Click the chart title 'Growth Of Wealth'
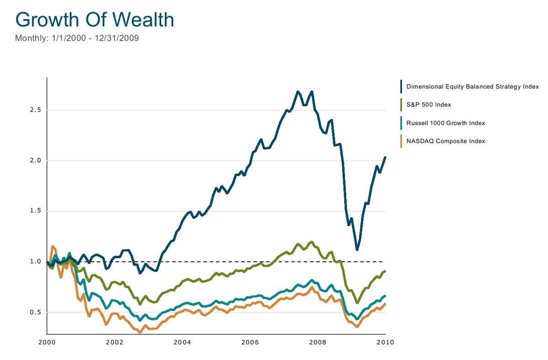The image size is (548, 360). (x=95, y=20)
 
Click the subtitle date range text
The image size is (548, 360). (x=77, y=38)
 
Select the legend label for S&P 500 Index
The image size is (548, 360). (x=428, y=105)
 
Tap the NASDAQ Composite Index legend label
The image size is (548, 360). (x=446, y=141)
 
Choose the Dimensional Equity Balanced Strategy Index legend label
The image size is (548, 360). (x=473, y=86)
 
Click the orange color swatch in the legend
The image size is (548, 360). (x=401, y=141)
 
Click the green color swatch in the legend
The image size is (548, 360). (x=401, y=105)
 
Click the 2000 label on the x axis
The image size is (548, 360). (x=47, y=342)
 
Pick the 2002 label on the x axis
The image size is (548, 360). (x=115, y=342)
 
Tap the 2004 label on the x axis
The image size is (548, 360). (x=182, y=342)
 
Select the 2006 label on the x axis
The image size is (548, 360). (x=250, y=342)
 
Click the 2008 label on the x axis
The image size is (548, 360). (x=318, y=342)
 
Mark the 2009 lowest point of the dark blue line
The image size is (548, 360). (x=357, y=249)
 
